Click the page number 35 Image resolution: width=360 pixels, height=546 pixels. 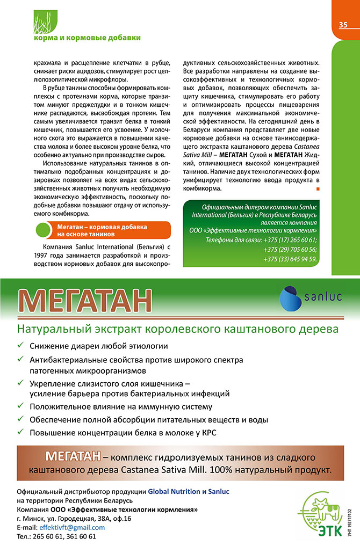343,25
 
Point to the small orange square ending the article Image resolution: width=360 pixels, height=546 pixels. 318,189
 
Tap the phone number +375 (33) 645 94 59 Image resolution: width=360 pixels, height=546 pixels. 290,259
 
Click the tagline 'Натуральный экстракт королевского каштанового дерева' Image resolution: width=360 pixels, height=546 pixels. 177,327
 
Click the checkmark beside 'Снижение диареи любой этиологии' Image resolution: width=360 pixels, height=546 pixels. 20,346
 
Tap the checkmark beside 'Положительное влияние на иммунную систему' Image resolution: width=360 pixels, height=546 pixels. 20,406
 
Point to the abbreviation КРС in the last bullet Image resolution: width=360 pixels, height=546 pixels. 207,433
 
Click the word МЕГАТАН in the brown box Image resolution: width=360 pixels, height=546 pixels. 73,457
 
